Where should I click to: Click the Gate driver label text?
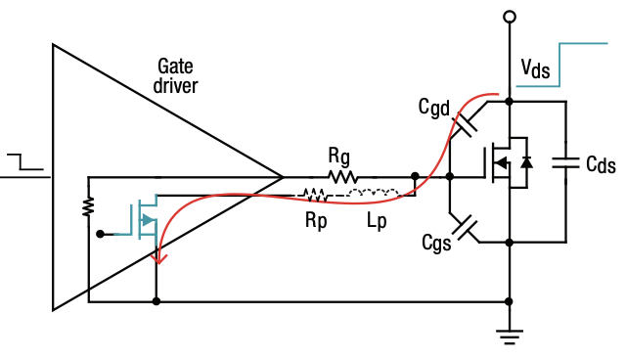pos(177,76)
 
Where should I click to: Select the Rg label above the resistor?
pos(339,155)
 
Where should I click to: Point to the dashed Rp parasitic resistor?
pos(315,193)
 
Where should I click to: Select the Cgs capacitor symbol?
pos(468,228)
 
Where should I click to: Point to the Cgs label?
pos(433,242)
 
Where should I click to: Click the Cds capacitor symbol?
pos(565,162)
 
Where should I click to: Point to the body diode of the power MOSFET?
pos(526,161)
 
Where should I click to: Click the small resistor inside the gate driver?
pos(88,206)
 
